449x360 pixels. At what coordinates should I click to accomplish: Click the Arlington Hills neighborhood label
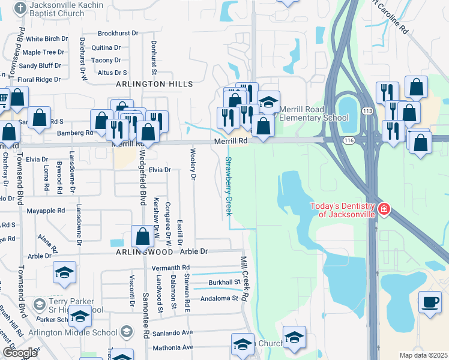pyautogui.click(x=155, y=85)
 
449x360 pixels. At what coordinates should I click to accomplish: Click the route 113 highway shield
pyautogui.click(x=368, y=111)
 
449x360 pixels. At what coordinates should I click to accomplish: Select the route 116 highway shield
pyautogui.click(x=348, y=140)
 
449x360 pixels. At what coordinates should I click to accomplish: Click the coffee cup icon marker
pyautogui.click(x=429, y=302)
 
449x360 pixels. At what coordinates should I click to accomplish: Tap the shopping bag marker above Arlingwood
pyautogui.click(x=143, y=236)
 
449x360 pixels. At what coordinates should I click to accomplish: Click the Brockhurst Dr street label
pyautogui.click(x=118, y=34)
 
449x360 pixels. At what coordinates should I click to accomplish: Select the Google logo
pyautogui.click(x=20, y=353)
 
